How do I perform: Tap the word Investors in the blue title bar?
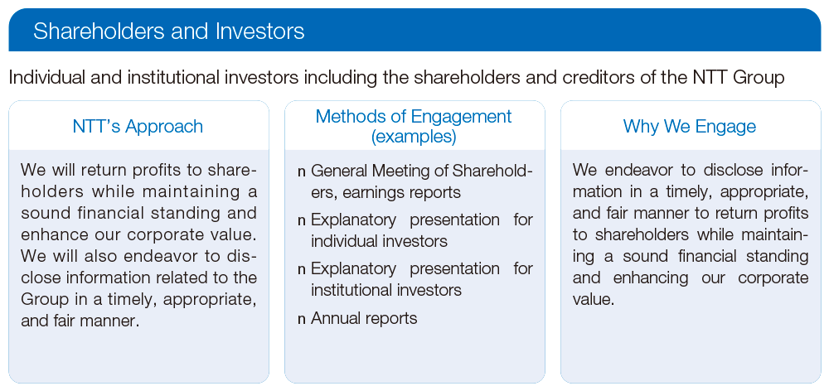pos(260,31)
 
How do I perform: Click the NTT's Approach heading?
pos(138,126)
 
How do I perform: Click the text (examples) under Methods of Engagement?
pos(414,137)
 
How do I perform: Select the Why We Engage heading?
pos(690,126)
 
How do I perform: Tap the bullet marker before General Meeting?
pos(302,172)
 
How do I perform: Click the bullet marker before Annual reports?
pos(302,320)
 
